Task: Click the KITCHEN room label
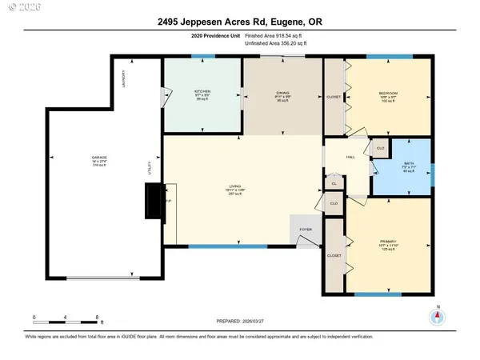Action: (202, 92)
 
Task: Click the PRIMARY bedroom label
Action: (389, 242)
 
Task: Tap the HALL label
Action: (350, 158)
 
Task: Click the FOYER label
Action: (306, 228)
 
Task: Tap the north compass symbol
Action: (437, 315)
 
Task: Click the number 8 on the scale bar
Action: (97, 318)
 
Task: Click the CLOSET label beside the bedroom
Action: (334, 97)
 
